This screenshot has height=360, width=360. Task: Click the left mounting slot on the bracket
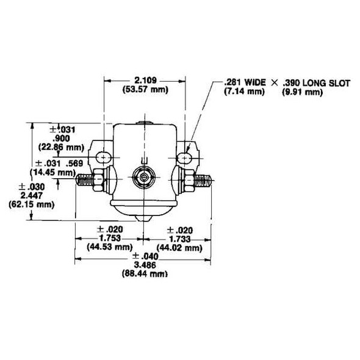[103, 158]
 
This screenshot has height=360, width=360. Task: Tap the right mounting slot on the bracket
[185, 158]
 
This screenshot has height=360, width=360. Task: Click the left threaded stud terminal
[89, 179]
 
